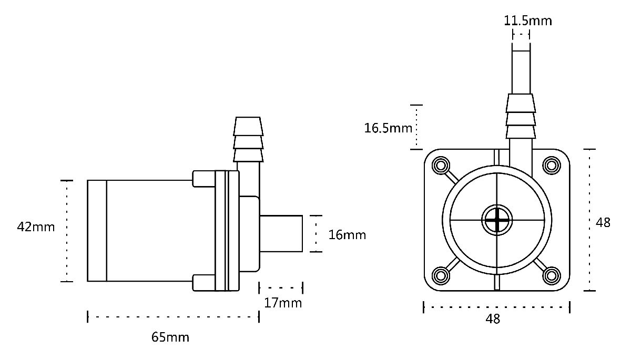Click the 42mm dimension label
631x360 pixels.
(36, 227)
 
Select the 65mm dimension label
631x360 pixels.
(170, 337)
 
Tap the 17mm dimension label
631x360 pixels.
(283, 303)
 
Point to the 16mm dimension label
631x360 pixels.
(347, 235)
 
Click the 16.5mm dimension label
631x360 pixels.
(388, 128)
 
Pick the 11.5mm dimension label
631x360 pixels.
(527, 21)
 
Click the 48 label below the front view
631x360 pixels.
(493, 319)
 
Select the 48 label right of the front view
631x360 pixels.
(603, 223)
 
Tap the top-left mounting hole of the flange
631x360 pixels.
(441, 165)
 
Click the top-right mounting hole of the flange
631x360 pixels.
(552, 165)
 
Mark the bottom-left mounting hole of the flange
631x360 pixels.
(441, 275)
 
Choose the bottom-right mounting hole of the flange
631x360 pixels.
(552, 275)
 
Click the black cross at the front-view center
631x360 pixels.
(497, 220)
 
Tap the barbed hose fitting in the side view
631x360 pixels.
(248, 139)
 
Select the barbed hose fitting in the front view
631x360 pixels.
(521, 116)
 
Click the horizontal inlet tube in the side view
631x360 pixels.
(281, 234)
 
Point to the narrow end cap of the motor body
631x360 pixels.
(97, 231)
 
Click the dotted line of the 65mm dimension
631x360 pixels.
(173, 317)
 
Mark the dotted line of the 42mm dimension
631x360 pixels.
(67, 231)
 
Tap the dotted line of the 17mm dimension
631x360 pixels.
(281, 287)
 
